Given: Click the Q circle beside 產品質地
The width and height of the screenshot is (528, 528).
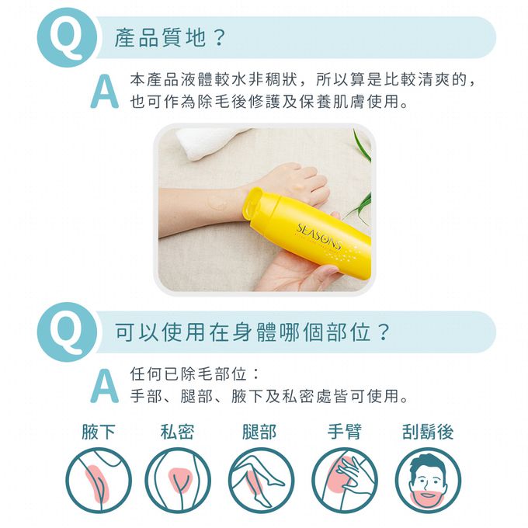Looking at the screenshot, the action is [67, 37].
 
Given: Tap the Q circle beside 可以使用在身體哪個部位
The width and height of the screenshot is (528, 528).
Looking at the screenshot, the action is [67, 332].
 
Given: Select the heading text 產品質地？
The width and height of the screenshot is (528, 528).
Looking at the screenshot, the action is [169, 37].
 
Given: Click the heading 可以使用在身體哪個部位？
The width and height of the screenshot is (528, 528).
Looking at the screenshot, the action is [252, 332].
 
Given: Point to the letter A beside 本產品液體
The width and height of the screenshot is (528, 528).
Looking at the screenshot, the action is [104, 92].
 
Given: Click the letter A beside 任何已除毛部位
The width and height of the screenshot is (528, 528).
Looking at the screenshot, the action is [104, 386].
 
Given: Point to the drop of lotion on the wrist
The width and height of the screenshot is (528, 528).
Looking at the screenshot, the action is [217, 203].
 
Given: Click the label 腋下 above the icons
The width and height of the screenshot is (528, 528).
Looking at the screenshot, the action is [99, 432].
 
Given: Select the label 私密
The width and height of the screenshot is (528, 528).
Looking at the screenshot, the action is [178, 432].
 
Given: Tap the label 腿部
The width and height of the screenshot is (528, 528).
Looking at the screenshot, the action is [259, 432].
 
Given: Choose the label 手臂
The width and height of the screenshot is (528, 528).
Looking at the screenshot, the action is [345, 432].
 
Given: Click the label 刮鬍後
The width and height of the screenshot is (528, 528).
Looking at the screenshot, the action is [428, 432].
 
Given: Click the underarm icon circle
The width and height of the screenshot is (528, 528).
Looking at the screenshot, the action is [99, 481].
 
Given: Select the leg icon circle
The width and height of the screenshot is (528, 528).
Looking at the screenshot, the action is [262, 481].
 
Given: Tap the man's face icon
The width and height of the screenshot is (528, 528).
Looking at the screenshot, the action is [428, 481].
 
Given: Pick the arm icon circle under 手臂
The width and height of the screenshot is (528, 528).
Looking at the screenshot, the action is [345, 481].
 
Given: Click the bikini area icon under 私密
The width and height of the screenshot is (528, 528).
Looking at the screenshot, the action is [178, 481].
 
